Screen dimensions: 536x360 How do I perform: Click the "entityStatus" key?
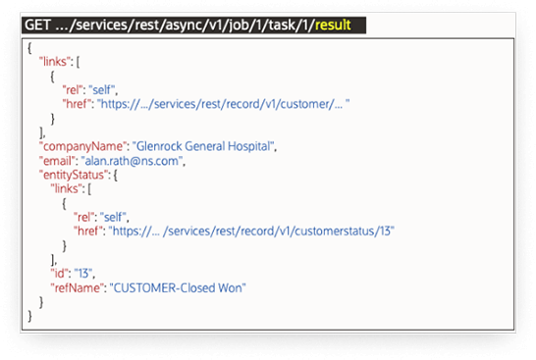(65, 176)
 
